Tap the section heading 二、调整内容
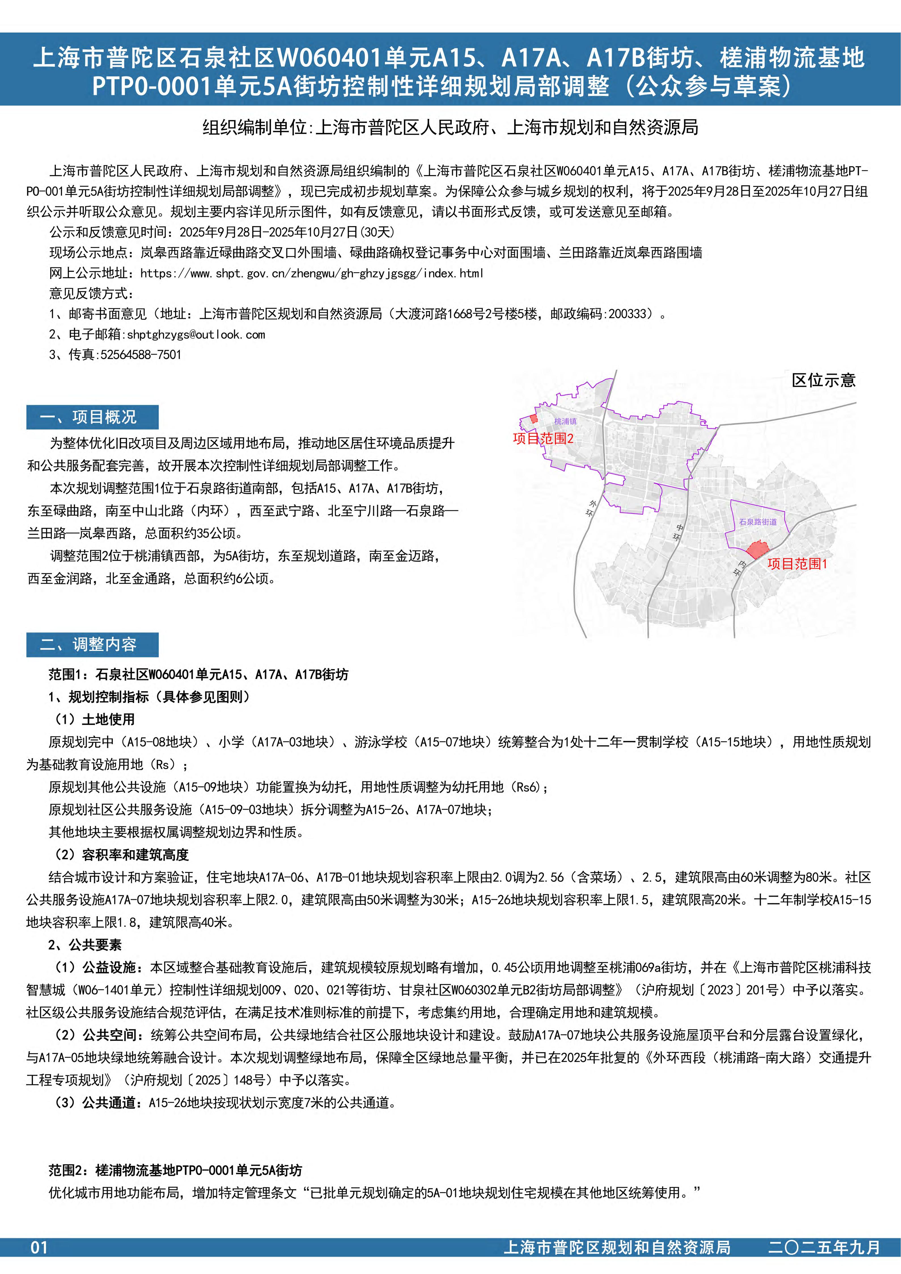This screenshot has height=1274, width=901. click(92, 644)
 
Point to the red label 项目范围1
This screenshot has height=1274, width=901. click(797, 564)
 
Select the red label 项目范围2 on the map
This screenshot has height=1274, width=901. click(543, 438)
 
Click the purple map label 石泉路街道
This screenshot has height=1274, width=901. click(758, 522)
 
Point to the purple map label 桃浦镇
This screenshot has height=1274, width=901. click(565, 422)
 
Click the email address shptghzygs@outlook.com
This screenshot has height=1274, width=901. click(196, 335)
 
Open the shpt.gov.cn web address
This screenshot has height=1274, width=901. click(312, 273)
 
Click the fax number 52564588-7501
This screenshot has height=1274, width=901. click(141, 355)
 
